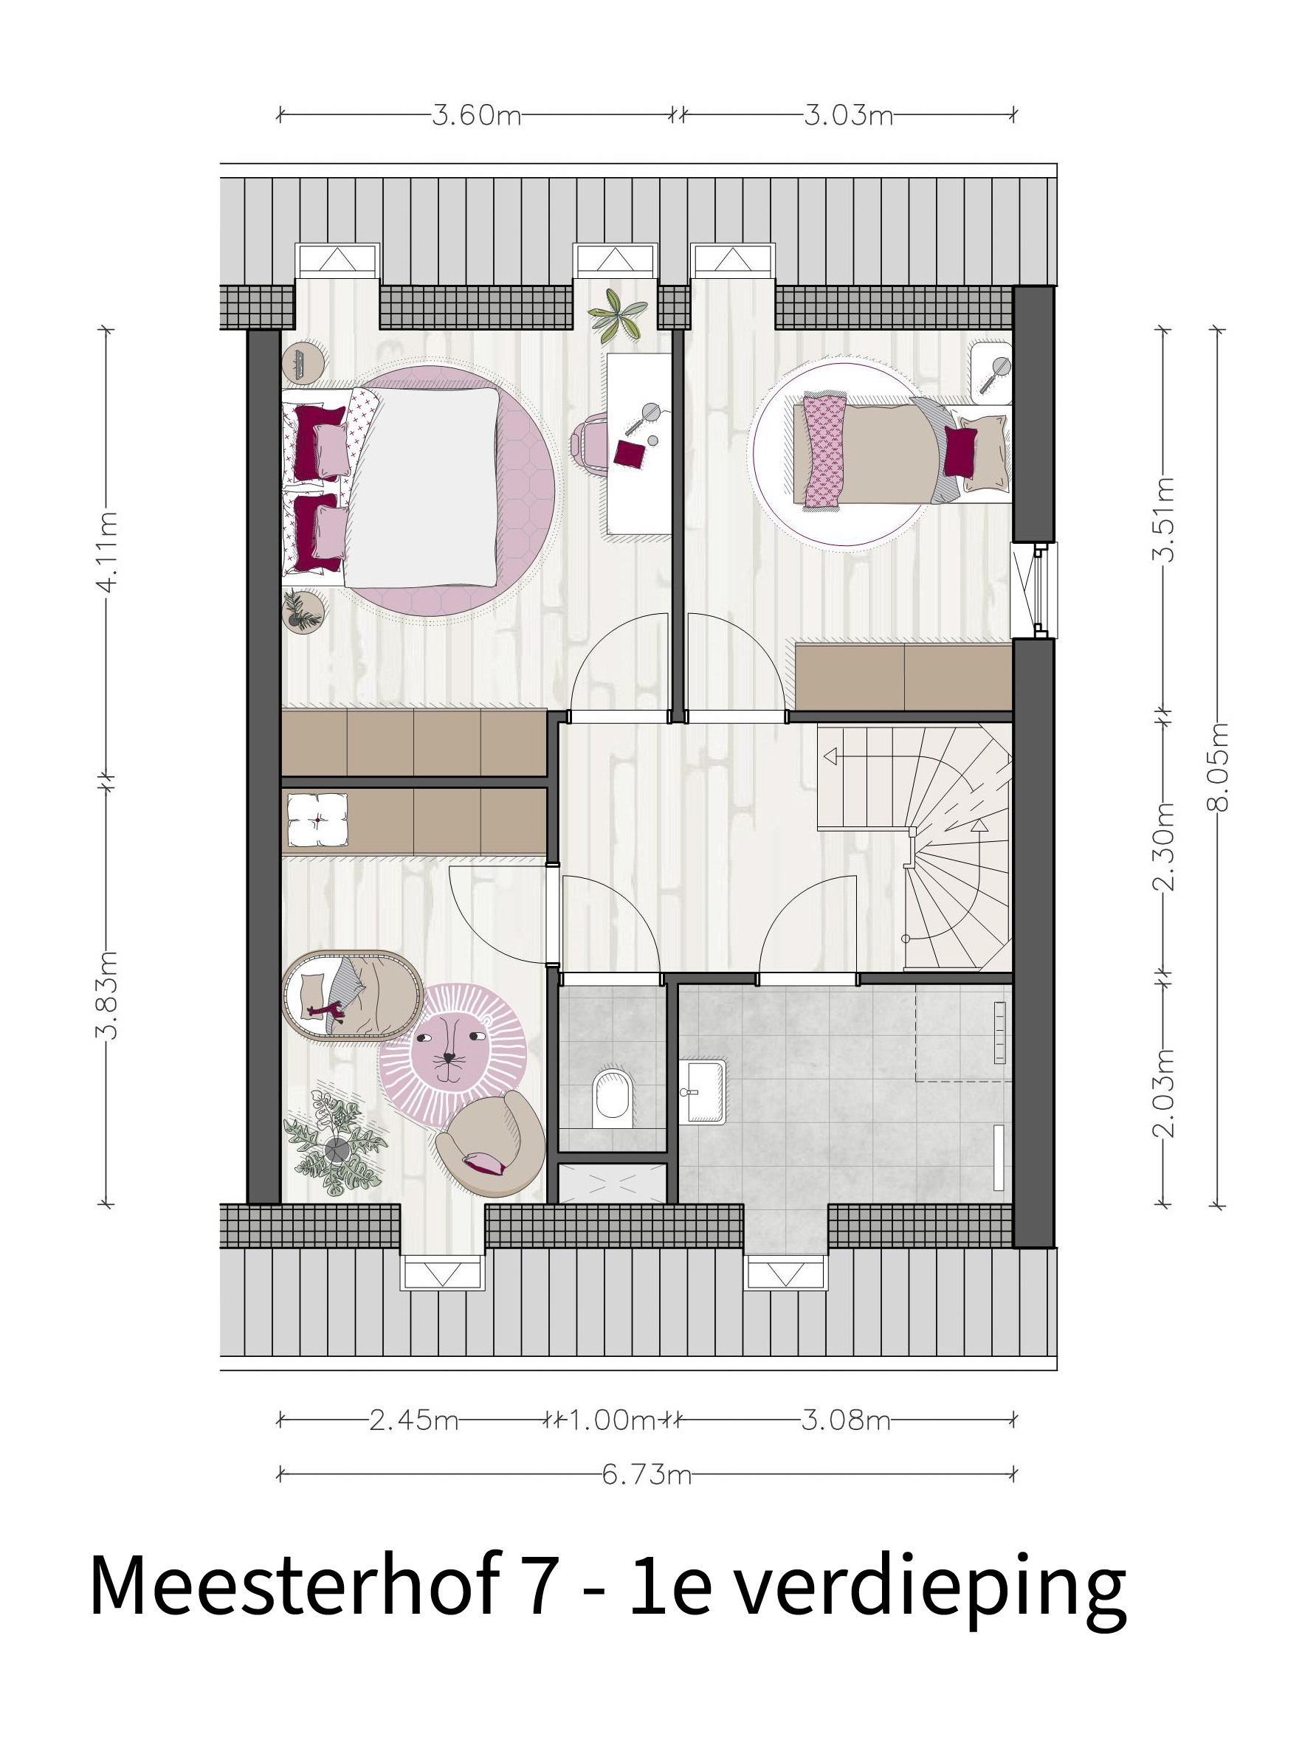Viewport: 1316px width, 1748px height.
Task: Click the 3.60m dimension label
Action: click(x=475, y=116)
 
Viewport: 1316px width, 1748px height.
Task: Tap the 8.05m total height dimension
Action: click(x=1218, y=767)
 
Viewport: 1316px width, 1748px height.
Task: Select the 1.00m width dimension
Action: click(x=605, y=1420)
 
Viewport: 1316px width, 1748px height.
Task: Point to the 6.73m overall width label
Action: click(x=646, y=1474)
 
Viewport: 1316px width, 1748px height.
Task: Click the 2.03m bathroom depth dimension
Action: click(x=1162, y=1091)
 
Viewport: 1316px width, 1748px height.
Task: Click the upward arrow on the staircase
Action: click(x=979, y=826)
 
